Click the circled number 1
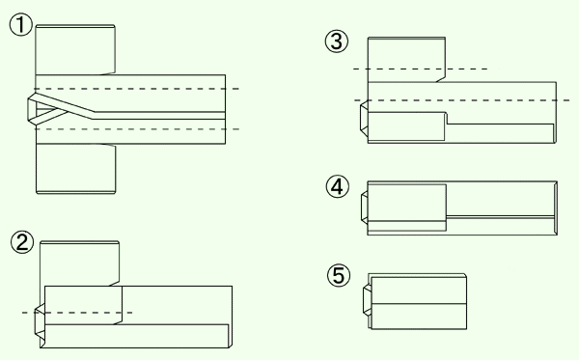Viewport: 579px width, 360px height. click(x=20, y=25)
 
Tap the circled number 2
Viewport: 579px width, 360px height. click(x=22, y=242)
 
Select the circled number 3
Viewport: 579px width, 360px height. click(x=337, y=41)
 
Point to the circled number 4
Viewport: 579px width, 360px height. click(x=337, y=186)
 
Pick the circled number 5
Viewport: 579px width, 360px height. click(x=339, y=275)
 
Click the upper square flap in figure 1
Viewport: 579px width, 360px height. click(x=75, y=50)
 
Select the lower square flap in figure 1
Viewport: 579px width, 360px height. click(x=75, y=168)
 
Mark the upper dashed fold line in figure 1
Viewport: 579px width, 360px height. click(x=137, y=89)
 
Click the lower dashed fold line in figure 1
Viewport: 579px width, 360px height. click(x=137, y=129)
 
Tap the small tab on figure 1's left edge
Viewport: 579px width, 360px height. click(x=32, y=109)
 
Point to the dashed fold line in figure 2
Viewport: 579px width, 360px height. click(x=77, y=313)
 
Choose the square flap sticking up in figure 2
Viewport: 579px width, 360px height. click(x=79, y=263)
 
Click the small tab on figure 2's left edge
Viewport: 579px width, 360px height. click(x=40, y=324)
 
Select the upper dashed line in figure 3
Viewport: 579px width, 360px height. click(x=420, y=69)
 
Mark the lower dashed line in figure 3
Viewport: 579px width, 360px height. click(x=461, y=100)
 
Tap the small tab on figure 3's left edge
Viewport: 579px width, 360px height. click(x=364, y=117)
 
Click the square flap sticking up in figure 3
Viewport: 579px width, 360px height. click(x=406, y=60)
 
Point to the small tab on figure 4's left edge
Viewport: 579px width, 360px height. click(x=365, y=208)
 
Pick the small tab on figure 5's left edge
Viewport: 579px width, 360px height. click(x=368, y=300)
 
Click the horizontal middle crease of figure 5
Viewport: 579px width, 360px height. click(x=419, y=304)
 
